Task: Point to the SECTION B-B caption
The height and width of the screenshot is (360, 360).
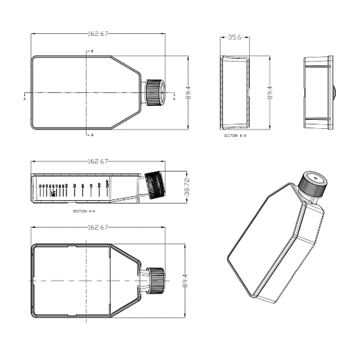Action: tap(235, 136)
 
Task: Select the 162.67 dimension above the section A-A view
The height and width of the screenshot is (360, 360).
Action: tap(98, 161)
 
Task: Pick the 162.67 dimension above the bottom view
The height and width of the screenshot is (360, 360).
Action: tap(98, 227)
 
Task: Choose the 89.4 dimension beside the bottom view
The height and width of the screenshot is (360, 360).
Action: tap(185, 281)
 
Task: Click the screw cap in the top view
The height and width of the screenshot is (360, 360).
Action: tap(154, 92)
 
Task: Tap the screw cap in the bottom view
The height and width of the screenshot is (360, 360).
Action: tap(155, 280)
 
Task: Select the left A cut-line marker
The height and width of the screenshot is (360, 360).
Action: tap(24, 99)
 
